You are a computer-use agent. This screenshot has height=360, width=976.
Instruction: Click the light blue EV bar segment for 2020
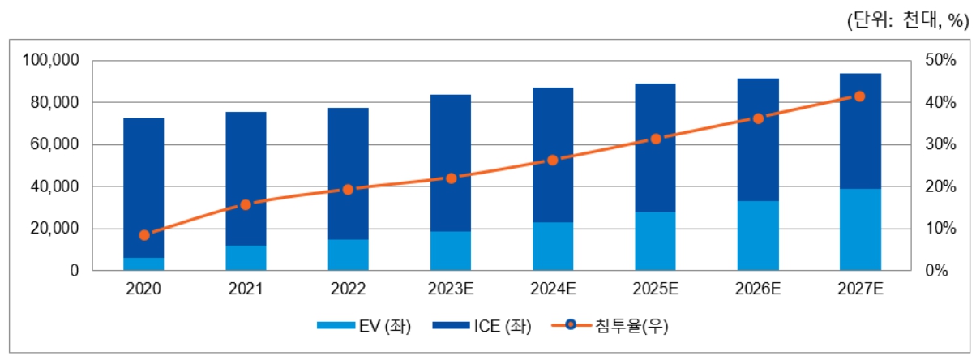[x=144, y=264]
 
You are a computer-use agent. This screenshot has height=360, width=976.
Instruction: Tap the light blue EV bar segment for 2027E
[x=860, y=229]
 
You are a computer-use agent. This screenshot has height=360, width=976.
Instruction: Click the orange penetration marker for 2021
[x=246, y=205]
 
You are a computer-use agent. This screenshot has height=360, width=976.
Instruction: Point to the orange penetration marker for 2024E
[x=553, y=161]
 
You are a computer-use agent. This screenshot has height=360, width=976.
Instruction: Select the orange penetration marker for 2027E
[x=860, y=96]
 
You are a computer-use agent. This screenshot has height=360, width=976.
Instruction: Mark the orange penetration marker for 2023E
[x=452, y=178]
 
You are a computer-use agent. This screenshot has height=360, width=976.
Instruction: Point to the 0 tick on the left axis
[x=73, y=271]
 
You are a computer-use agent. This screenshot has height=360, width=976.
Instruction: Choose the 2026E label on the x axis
[x=758, y=289]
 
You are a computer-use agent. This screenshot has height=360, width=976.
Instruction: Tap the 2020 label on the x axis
[x=144, y=289]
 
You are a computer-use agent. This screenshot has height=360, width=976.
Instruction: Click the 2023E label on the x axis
[x=452, y=289]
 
